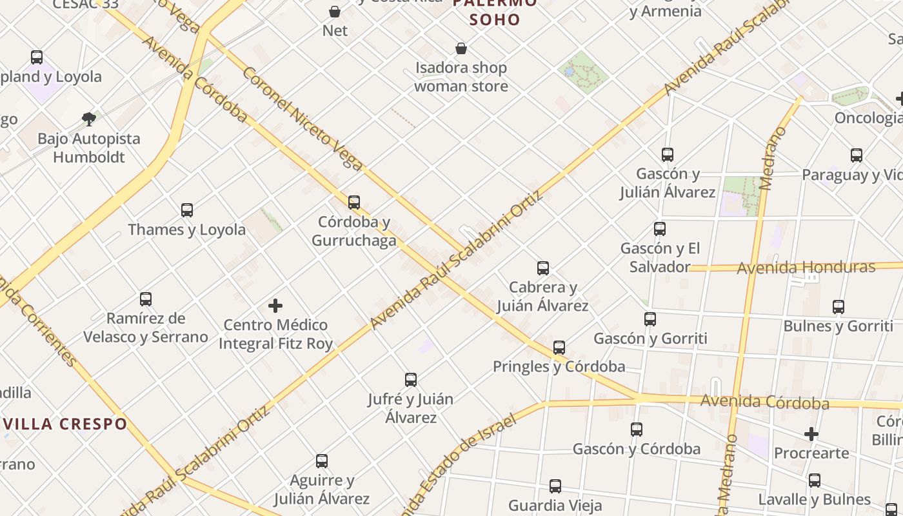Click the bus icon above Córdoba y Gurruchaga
coord(353,202)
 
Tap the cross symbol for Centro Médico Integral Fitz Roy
coord(275,305)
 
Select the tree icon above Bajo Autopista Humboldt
coord(89,119)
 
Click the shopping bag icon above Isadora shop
coord(461,48)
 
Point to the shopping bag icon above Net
coord(335,12)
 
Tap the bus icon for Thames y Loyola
coord(187,210)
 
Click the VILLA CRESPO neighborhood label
coord(64,424)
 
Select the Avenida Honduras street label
coord(806,267)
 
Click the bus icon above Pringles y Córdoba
coord(559,347)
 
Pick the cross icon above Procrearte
coord(811,434)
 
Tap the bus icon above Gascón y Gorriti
coord(650,319)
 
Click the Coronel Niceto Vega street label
coord(302,118)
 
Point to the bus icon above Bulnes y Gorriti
coord(838,306)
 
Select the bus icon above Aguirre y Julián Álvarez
coord(322,461)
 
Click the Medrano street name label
coord(775,158)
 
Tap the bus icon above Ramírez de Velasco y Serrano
coord(146,299)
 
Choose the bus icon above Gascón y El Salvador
coord(660,228)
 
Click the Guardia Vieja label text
coord(555,505)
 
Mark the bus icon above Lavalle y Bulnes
coord(815,480)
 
